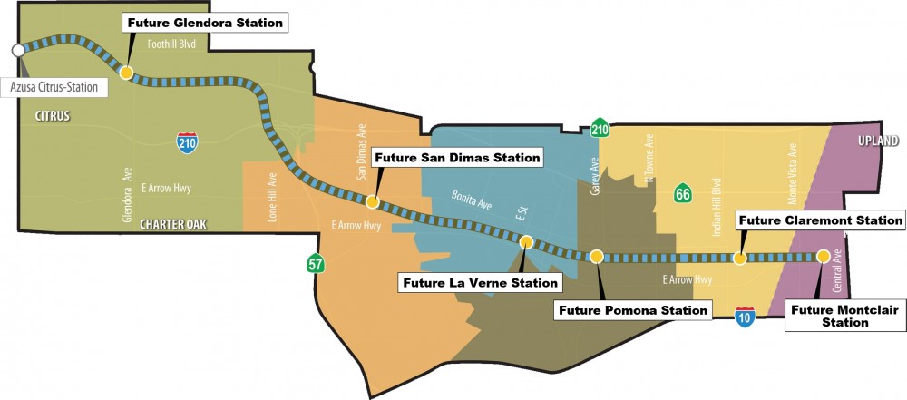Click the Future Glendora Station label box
(x=204, y=22)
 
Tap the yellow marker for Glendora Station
(x=127, y=73)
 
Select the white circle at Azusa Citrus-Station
(x=17, y=50)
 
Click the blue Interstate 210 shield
(x=187, y=140)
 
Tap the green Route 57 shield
(x=315, y=265)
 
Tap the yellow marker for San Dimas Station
(x=372, y=201)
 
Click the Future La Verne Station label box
(x=479, y=283)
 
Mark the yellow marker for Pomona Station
(x=596, y=257)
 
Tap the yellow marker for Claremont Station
(x=740, y=259)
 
